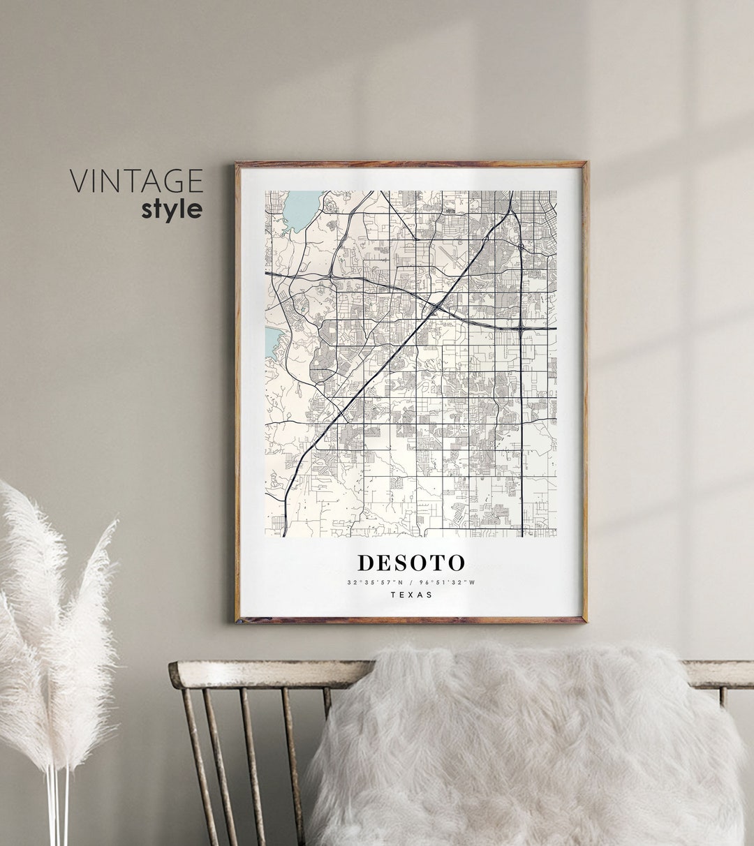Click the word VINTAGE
(x=135, y=181)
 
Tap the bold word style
(x=172, y=209)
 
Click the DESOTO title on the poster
(x=411, y=563)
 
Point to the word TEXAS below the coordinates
(x=411, y=595)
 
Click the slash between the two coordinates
(x=411, y=582)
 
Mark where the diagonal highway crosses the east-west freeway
(x=434, y=308)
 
